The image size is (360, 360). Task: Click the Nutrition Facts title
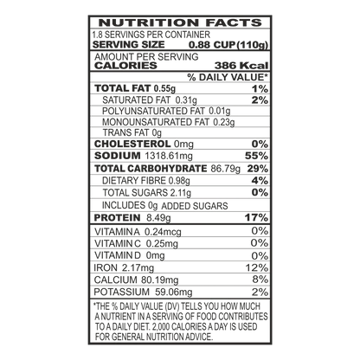(x=180, y=22)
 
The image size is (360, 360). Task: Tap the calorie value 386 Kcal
(x=241, y=66)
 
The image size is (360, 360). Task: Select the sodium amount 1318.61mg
(x=169, y=156)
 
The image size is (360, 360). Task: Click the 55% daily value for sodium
(x=256, y=156)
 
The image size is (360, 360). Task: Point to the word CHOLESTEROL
(x=132, y=144)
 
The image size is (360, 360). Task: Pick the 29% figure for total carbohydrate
(x=258, y=169)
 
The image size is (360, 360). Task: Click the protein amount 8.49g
(x=158, y=218)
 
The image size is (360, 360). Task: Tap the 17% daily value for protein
(x=256, y=217)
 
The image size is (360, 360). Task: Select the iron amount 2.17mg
(x=138, y=268)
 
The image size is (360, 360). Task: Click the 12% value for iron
(x=257, y=267)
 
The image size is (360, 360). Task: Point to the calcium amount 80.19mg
(x=160, y=280)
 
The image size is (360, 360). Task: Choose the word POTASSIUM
(x=122, y=292)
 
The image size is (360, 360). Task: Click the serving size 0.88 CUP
(x=212, y=45)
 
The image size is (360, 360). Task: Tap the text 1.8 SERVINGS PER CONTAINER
(x=151, y=35)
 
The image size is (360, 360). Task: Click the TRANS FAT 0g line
(x=132, y=133)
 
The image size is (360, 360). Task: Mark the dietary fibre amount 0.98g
(x=179, y=181)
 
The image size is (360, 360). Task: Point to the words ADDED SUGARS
(x=195, y=206)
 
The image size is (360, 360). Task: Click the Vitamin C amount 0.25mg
(x=162, y=244)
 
